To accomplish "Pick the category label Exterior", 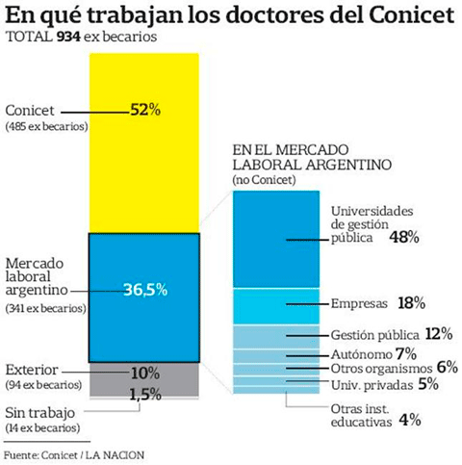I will coord(31,369).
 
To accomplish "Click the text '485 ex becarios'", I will coord(47,127).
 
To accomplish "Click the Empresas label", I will coord(358,302).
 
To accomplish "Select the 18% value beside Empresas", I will coord(411,302).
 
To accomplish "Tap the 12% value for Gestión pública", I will coord(438,334).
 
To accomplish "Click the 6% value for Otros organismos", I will coord(446,368).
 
